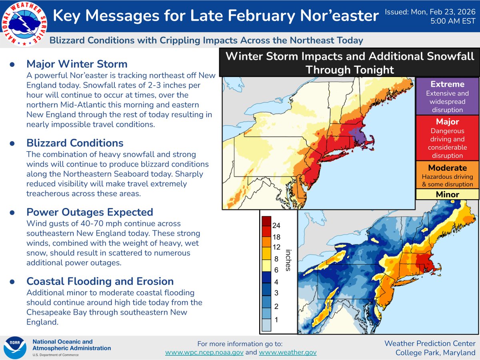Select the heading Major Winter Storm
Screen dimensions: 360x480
[x=77, y=64]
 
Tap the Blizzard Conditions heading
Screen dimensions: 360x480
[x=75, y=143]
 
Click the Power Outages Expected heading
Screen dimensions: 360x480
[x=90, y=212]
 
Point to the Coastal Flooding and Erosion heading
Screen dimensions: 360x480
[x=100, y=281]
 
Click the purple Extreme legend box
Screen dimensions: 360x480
[x=447, y=96]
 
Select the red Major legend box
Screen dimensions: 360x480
[x=447, y=138]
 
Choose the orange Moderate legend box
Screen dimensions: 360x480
[x=447, y=176]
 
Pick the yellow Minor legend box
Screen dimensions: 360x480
[x=447, y=194]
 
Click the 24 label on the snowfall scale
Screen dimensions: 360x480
[x=276, y=225]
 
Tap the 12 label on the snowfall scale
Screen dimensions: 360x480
[x=276, y=247]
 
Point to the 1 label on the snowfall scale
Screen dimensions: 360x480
[x=276, y=320]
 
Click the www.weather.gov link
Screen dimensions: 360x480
[x=288, y=352]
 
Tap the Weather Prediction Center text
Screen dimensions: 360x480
[x=430, y=344]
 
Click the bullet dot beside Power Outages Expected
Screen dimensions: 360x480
[x=12, y=212]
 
